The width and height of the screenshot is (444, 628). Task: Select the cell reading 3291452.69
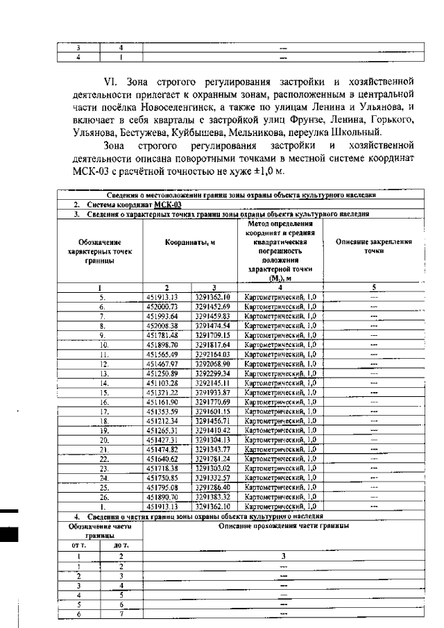pyautogui.click(x=212, y=305)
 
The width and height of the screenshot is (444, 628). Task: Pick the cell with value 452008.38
pyautogui.click(x=166, y=324)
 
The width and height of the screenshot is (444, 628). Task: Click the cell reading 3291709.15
pyautogui.click(x=212, y=334)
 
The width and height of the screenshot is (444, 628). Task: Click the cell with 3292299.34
pyautogui.click(x=212, y=372)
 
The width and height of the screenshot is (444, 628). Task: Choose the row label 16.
pyautogui.click(x=101, y=401)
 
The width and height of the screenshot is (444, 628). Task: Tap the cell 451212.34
pyautogui.click(x=166, y=421)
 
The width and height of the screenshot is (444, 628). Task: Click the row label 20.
pyautogui.click(x=101, y=440)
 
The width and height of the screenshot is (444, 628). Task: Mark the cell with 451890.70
pyautogui.click(x=166, y=498)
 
